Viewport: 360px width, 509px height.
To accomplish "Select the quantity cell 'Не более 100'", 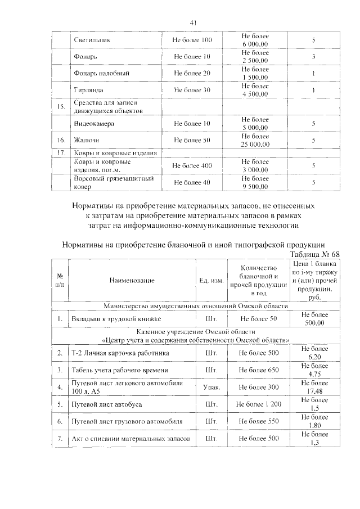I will [192, 41].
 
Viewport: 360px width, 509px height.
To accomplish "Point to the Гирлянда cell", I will [89, 90].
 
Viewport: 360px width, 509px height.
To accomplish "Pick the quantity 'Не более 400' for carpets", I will [192, 166].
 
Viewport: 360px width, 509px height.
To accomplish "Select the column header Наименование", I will [132, 280].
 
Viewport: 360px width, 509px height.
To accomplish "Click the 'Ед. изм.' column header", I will [212, 280].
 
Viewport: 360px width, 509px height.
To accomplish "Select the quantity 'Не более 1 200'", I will [258, 404].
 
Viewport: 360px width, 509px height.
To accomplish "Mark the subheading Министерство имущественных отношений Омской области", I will [196, 306].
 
